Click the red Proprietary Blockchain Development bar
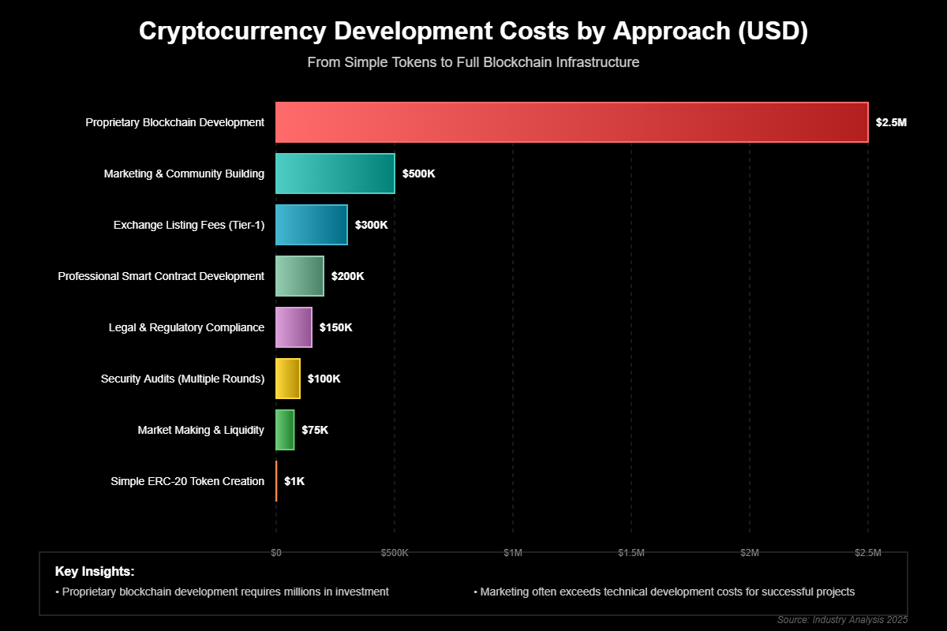coord(571,122)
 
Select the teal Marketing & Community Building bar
coord(335,174)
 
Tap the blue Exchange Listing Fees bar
coord(311,225)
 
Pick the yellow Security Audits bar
coord(287,379)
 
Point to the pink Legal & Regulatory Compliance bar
coord(294,327)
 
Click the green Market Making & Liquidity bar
coord(285,430)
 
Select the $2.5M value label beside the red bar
coord(891,122)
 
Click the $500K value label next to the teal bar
coord(418,174)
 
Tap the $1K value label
coord(294,481)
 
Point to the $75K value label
coord(315,430)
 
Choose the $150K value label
coord(335,327)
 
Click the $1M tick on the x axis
coord(513,553)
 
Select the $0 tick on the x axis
coord(276,553)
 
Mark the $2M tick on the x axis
coord(750,553)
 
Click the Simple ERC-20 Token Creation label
coord(188,481)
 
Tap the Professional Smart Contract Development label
coord(161,276)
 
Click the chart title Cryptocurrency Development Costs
coord(473,32)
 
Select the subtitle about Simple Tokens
coord(473,62)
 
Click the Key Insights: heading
coord(95,571)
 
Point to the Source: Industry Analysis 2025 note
coord(842,619)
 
